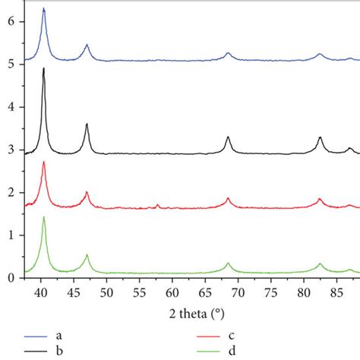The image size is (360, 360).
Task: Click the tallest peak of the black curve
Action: click(x=44, y=68)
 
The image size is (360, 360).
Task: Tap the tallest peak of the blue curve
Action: click(x=43, y=8)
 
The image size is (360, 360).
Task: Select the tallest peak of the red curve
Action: click(x=44, y=162)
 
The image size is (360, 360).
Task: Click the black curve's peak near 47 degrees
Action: click(x=87, y=124)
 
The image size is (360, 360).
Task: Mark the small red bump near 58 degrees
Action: click(x=157, y=204)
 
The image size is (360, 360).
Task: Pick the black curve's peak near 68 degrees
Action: click(x=228, y=137)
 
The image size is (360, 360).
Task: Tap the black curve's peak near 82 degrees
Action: click(x=320, y=137)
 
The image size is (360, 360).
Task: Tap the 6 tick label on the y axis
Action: click(x=11, y=22)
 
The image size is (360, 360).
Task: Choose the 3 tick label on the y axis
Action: click(x=11, y=150)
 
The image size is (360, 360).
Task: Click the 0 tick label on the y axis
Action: click(x=11, y=278)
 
